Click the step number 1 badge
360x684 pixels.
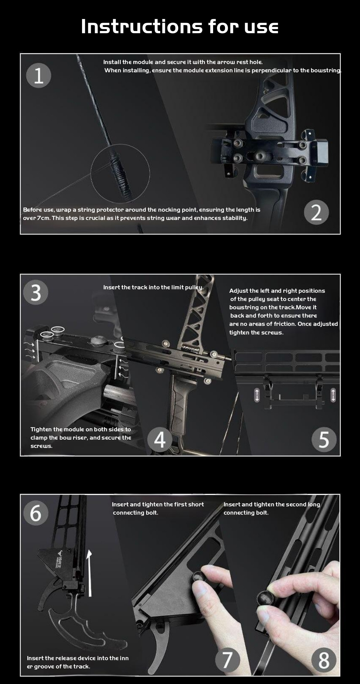click(x=39, y=75)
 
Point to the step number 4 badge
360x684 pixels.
click(x=159, y=440)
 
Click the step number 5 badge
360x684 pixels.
click(x=324, y=440)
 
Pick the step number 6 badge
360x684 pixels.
click(x=36, y=513)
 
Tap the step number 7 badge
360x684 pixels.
click(x=228, y=660)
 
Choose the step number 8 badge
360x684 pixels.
click(x=324, y=660)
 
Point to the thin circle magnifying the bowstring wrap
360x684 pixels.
click(x=91, y=174)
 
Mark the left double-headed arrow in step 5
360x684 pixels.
click(x=257, y=395)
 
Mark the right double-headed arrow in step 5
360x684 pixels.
click(x=333, y=395)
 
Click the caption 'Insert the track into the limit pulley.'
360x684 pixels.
click(x=153, y=287)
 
